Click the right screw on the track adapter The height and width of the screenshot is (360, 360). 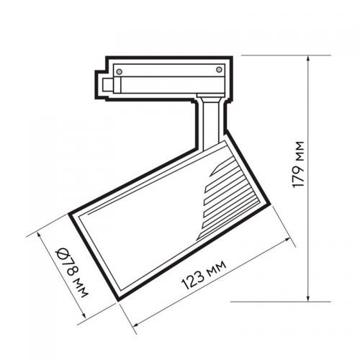(x=218, y=69)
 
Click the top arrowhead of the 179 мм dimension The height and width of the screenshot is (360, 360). (x=309, y=60)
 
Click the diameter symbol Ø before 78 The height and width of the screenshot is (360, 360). (x=63, y=253)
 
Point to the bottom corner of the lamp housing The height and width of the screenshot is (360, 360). (x=118, y=296)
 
